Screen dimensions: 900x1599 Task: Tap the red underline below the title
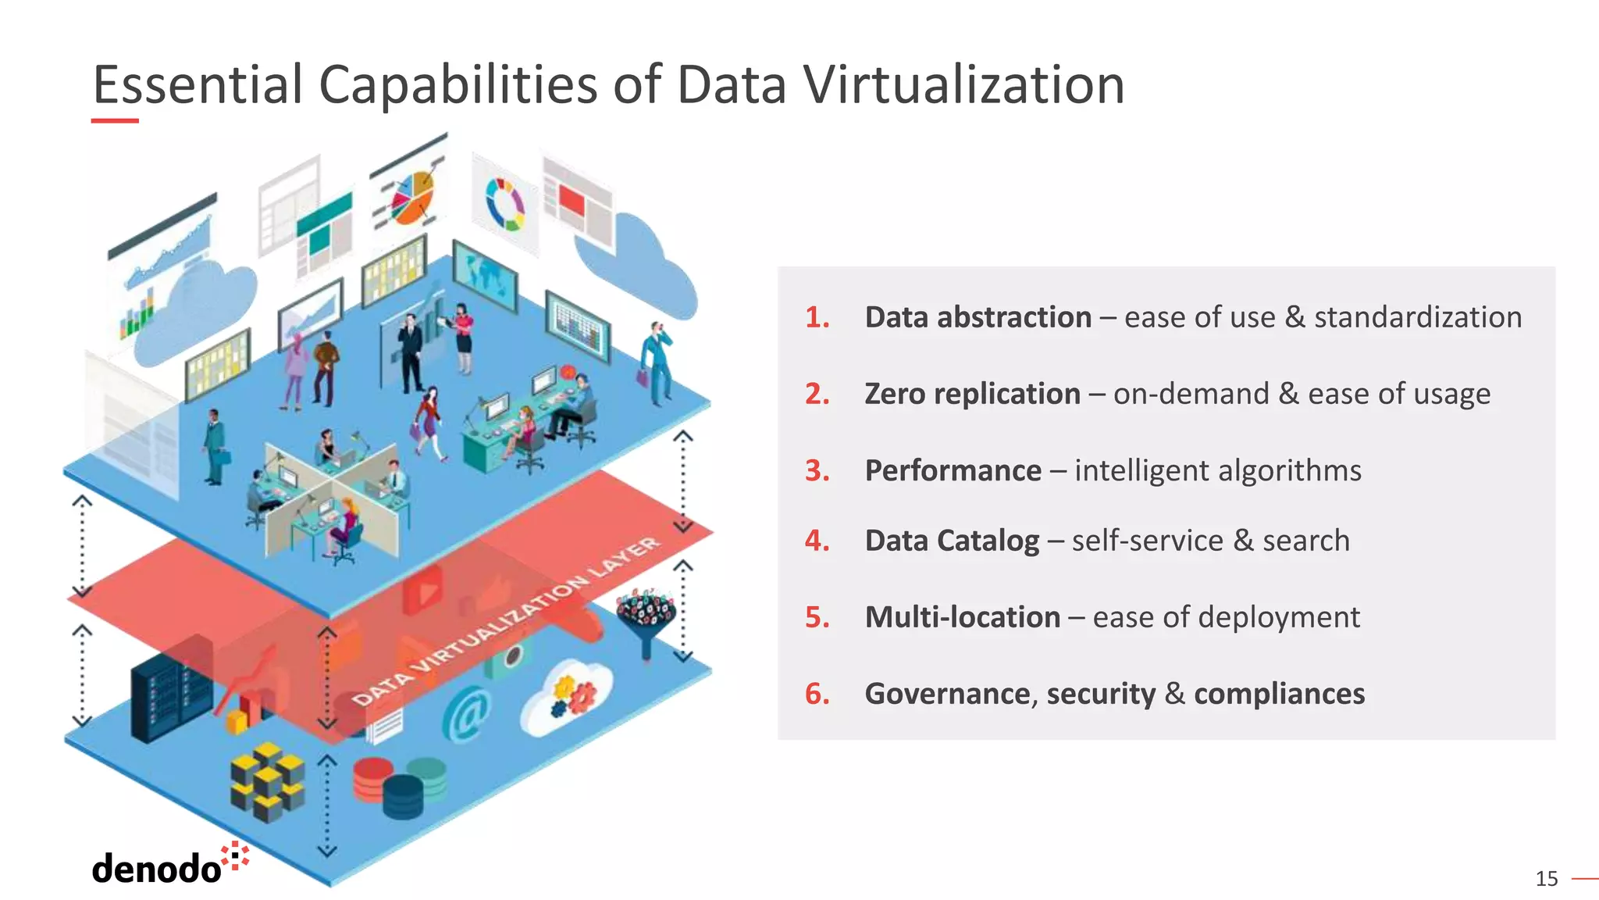(x=115, y=120)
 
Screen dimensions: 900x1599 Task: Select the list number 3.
(x=817, y=470)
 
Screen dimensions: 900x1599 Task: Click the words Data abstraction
(x=978, y=317)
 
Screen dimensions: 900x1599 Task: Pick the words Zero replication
(x=972, y=394)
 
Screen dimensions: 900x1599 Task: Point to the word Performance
(x=953, y=470)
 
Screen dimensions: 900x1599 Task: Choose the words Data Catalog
(x=952, y=541)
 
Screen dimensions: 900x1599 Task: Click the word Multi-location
(x=963, y=617)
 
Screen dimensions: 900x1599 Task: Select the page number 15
(x=1546, y=879)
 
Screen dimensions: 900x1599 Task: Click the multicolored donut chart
(x=505, y=204)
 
